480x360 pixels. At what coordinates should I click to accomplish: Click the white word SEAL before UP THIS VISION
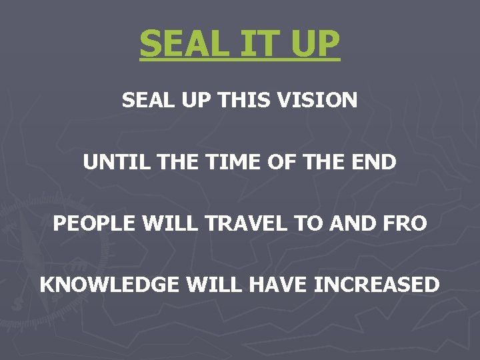143,101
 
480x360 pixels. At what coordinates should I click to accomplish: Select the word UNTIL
110,162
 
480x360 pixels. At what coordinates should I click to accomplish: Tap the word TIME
221,162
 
